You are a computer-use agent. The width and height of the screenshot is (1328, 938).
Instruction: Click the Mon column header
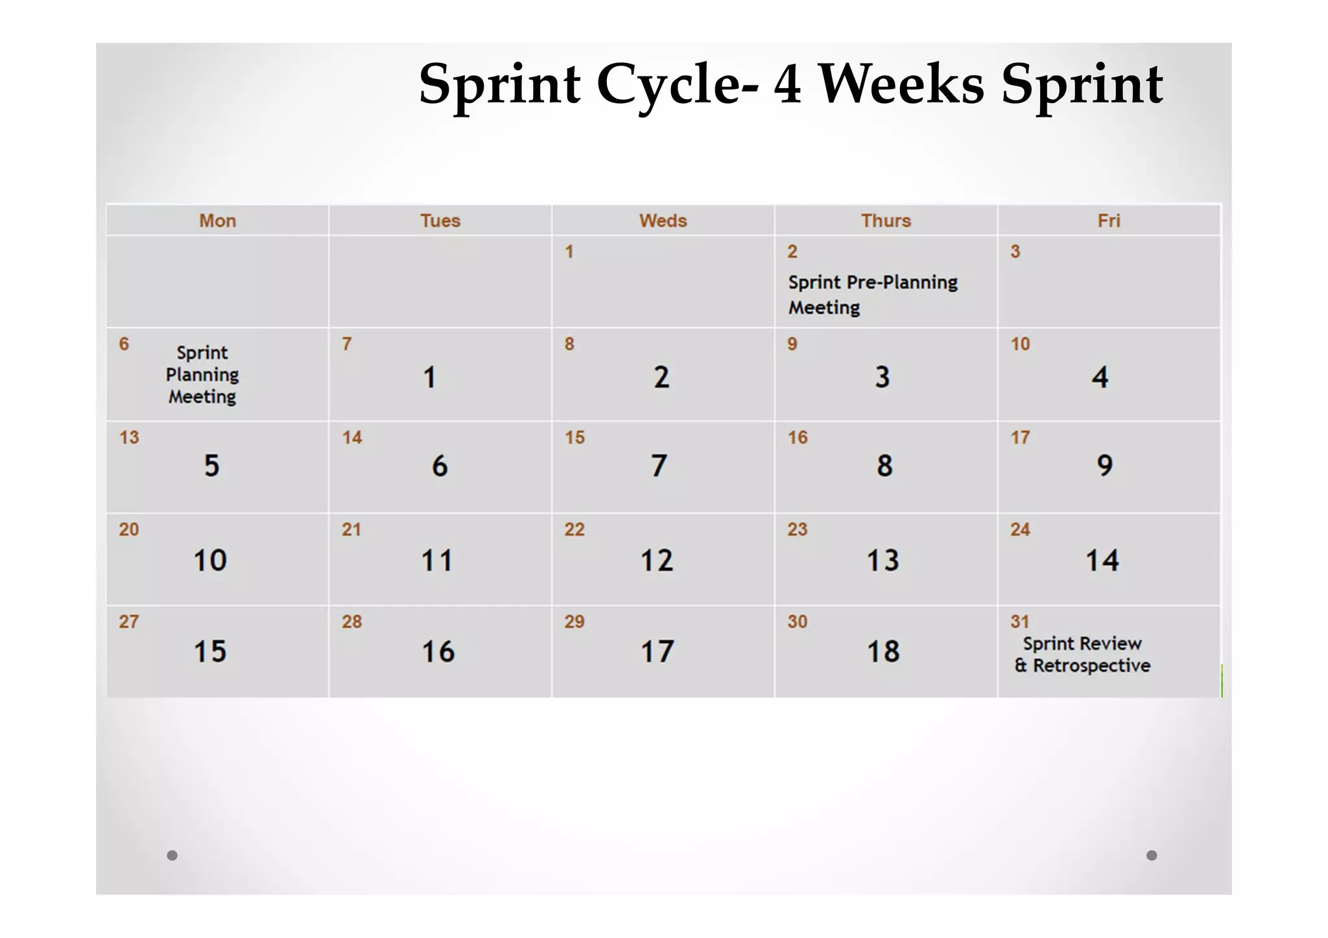coord(217,220)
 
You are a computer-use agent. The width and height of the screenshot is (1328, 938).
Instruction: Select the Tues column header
coord(440,220)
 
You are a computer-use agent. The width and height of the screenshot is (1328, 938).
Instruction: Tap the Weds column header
coord(663,220)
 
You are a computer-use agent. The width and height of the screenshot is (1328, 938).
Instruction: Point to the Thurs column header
coord(886,220)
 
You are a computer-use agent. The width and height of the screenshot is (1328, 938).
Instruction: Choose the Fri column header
coord(1109,220)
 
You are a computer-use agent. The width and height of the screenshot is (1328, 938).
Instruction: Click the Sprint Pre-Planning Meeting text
coord(872,294)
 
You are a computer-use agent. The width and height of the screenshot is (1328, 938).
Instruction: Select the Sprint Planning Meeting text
coord(202,375)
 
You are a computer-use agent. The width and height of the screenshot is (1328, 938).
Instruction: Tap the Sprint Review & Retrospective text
coord(1082,655)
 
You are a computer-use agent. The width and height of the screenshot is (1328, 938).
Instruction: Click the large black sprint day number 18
coord(883,651)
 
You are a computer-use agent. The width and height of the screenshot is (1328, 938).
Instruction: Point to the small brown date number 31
coord(1020,622)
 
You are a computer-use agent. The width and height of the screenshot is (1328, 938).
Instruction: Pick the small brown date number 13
coord(129,438)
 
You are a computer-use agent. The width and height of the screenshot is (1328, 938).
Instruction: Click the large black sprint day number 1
coord(429,377)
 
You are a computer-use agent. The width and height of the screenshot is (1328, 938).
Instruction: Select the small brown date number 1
coord(569,252)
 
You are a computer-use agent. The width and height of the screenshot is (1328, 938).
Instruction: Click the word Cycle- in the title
coord(677,84)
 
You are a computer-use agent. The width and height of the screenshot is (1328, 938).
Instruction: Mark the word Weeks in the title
coord(901,84)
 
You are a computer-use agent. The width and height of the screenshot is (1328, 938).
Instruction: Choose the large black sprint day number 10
coord(210,560)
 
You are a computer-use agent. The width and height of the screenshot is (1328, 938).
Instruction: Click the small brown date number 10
coord(1020,344)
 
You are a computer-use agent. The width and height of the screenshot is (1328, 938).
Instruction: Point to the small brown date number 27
coord(128,622)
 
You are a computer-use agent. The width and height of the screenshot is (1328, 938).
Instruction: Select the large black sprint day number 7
coord(659,465)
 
